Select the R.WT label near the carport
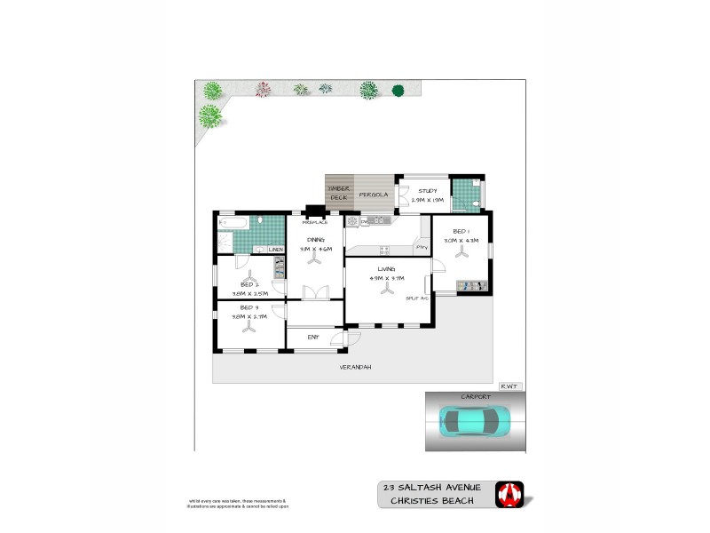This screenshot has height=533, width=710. [x=509, y=386]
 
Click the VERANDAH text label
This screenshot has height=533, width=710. [x=354, y=367]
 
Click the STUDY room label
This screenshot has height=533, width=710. [x=428, y=190]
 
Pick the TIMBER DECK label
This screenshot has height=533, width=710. [x=339, y=193]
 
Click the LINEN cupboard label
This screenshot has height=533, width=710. [x=276, y=251]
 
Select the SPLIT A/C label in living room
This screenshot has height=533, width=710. [x=417, y=298]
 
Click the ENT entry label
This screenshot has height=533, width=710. [x=313, y=337]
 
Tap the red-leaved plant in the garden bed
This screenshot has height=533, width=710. [x=263, y=89]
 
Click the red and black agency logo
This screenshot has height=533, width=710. [x=509, y=494]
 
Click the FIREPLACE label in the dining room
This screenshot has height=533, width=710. [x=315, y=222]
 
